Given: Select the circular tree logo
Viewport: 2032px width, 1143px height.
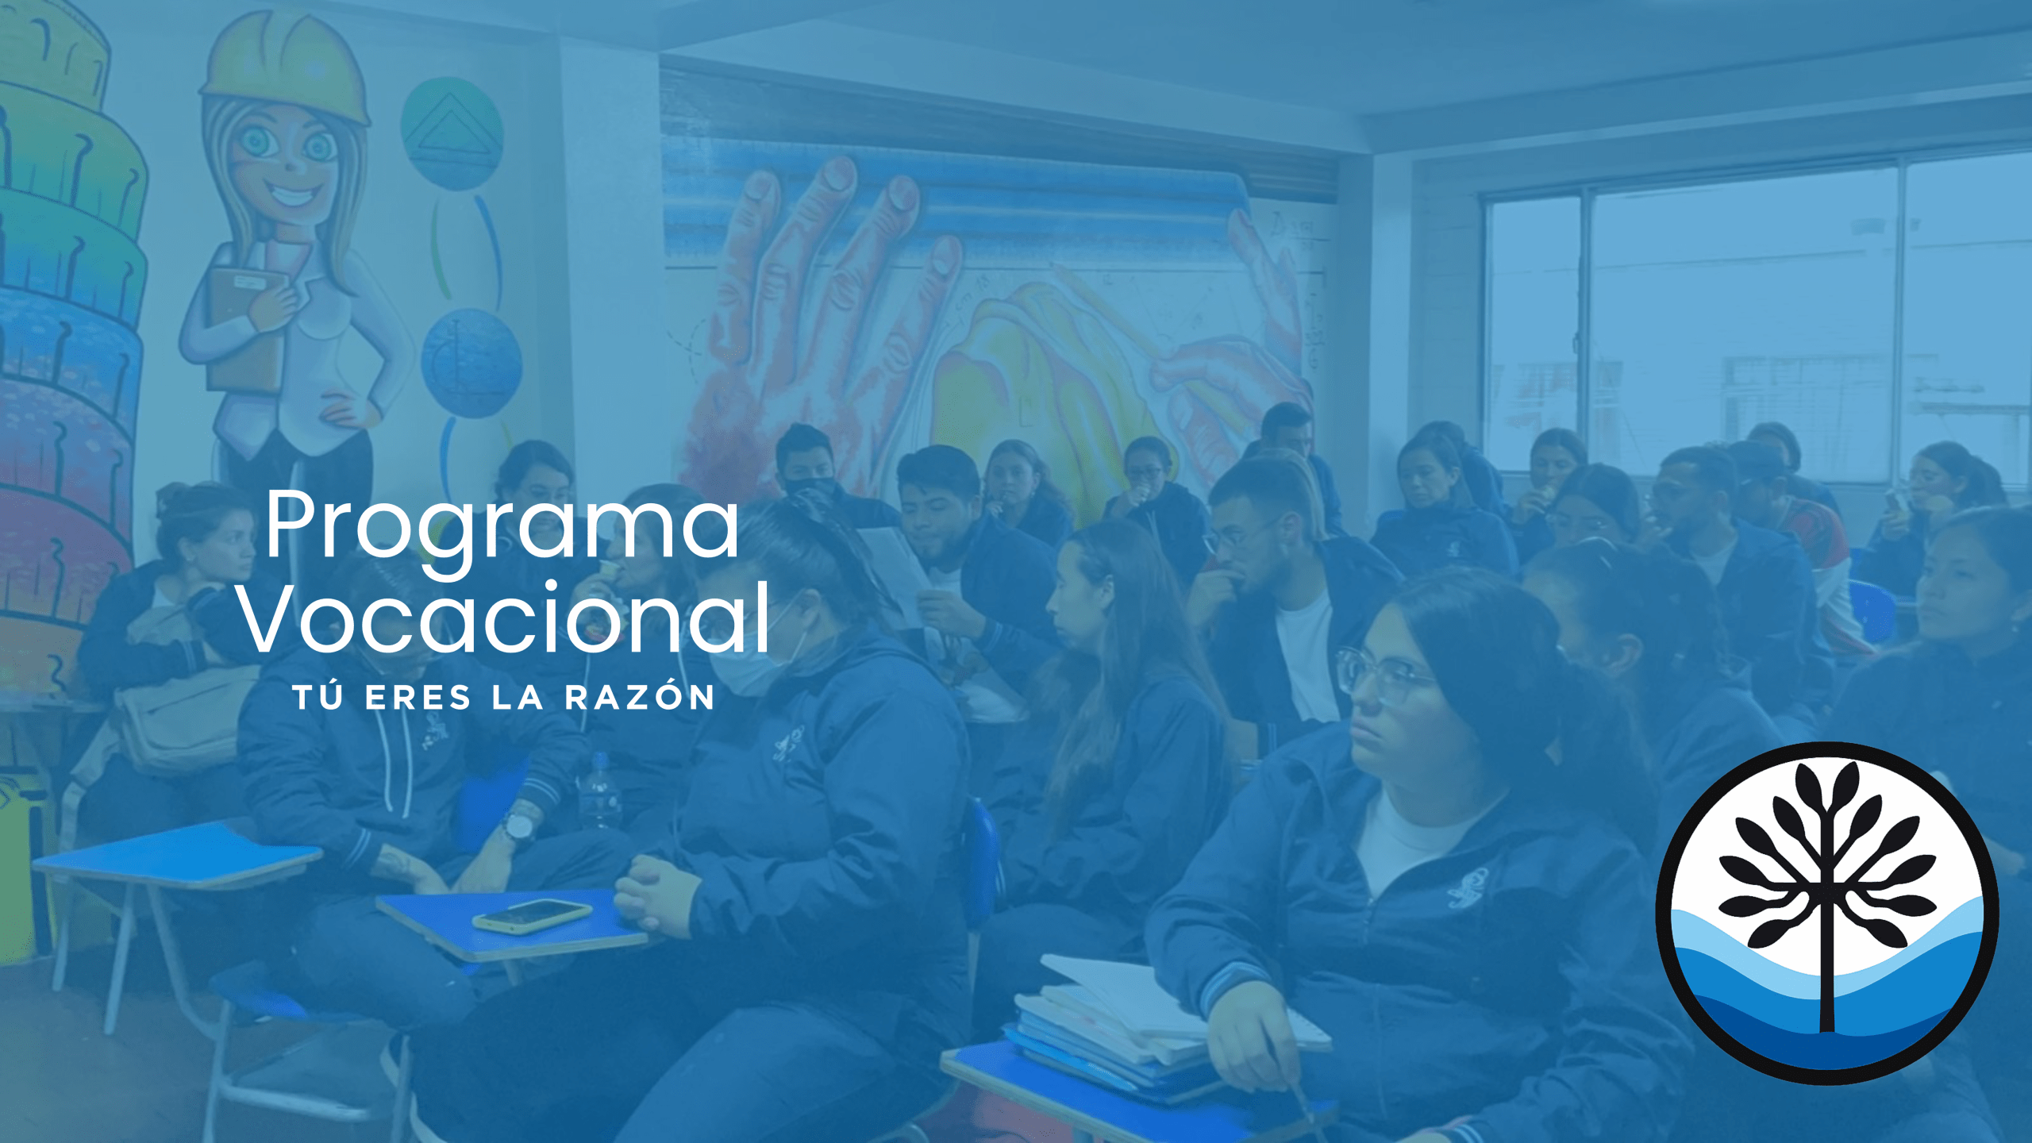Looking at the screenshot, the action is [1827, 913].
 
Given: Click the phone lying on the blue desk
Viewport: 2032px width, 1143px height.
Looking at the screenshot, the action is [532, 915].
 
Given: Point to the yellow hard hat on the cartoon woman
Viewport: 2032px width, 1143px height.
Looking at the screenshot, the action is [286, 67].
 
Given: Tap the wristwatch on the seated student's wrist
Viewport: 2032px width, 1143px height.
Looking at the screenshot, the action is [521, 825].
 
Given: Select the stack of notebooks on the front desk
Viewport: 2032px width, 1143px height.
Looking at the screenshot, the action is [1151, 1024].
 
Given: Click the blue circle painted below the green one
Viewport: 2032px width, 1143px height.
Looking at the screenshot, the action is [471, 363].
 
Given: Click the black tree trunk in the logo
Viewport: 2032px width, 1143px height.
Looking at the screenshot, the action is [1827, 952].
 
